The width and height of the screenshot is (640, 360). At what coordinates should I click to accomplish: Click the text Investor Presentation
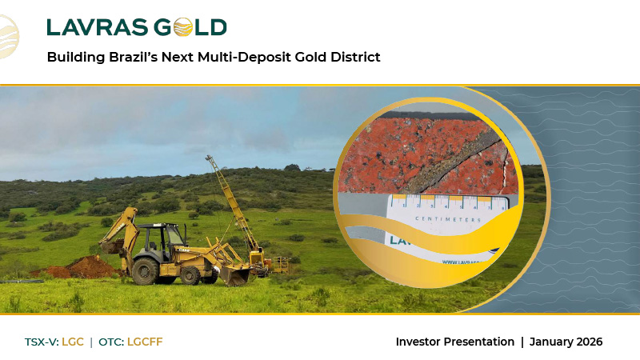(455, 342)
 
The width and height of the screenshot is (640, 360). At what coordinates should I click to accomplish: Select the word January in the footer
(550, 342)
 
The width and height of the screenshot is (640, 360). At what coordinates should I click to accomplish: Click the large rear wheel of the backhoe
(146, 270)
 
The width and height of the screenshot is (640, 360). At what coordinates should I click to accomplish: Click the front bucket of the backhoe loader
(234, 274)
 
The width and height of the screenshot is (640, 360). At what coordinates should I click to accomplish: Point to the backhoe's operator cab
(169, 237)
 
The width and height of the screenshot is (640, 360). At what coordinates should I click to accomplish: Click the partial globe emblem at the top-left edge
(8, 35)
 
